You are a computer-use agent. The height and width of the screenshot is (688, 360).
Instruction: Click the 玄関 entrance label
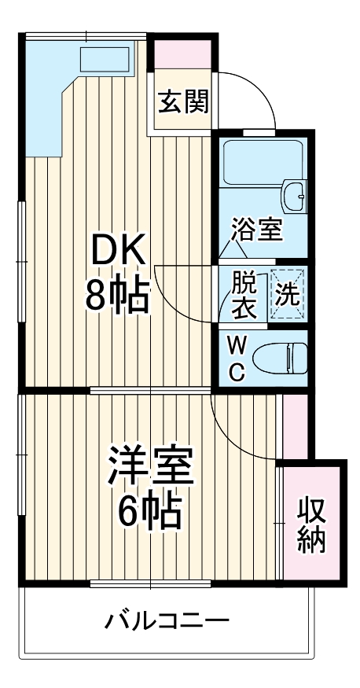183,102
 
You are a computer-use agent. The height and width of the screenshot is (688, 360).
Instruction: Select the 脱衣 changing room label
243,294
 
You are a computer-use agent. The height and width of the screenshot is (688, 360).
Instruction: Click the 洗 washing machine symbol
288,293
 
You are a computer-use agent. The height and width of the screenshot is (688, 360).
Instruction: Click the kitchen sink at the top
105,60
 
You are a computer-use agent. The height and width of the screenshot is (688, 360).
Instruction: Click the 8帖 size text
117,296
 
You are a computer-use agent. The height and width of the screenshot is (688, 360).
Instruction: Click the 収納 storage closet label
312,525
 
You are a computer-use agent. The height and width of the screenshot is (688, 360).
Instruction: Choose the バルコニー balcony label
167,621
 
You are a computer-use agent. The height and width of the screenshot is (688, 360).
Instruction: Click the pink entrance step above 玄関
182,53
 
